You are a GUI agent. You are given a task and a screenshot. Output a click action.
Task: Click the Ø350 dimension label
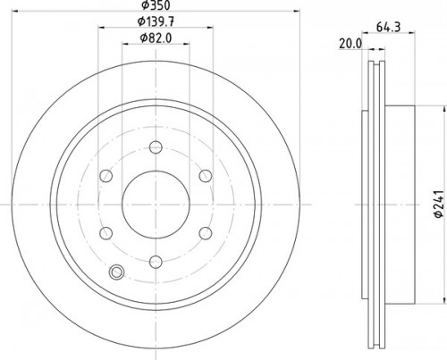tap(156, 4)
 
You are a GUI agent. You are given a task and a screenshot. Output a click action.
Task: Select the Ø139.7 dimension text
tap(156, 21)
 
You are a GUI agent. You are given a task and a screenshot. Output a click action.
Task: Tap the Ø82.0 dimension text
tap(156, 38)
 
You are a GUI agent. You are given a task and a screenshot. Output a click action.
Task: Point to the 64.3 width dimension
tap(388, 27)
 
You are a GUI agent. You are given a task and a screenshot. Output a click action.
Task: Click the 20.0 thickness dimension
tap(350, 44)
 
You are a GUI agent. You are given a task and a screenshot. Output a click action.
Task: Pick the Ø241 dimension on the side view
tap(439, 204)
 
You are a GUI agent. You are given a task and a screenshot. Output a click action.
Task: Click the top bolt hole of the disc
tap(156, 147)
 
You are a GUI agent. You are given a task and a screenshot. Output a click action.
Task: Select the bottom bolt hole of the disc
tap(156, 262)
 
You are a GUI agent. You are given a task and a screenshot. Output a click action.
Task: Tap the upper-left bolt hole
tap(105, 176)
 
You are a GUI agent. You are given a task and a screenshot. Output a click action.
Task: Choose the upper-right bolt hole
tap(206, 176)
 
